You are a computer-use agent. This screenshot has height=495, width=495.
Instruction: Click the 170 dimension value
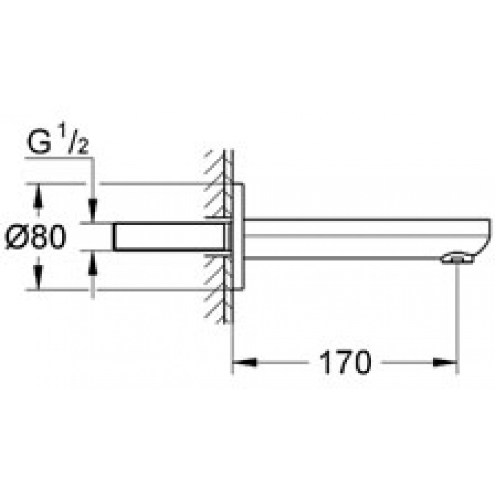tap(346, 362)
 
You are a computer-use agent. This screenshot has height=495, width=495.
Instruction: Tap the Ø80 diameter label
tap(36, 237)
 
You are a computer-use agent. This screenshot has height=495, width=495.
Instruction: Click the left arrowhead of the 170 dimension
tap(245, 362)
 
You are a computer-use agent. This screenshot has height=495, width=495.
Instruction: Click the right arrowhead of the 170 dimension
tap(445, 362)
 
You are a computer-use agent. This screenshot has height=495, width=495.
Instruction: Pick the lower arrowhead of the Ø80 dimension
tap(38, 278)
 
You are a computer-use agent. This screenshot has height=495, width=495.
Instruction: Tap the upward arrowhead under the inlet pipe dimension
tap(93, 263)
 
